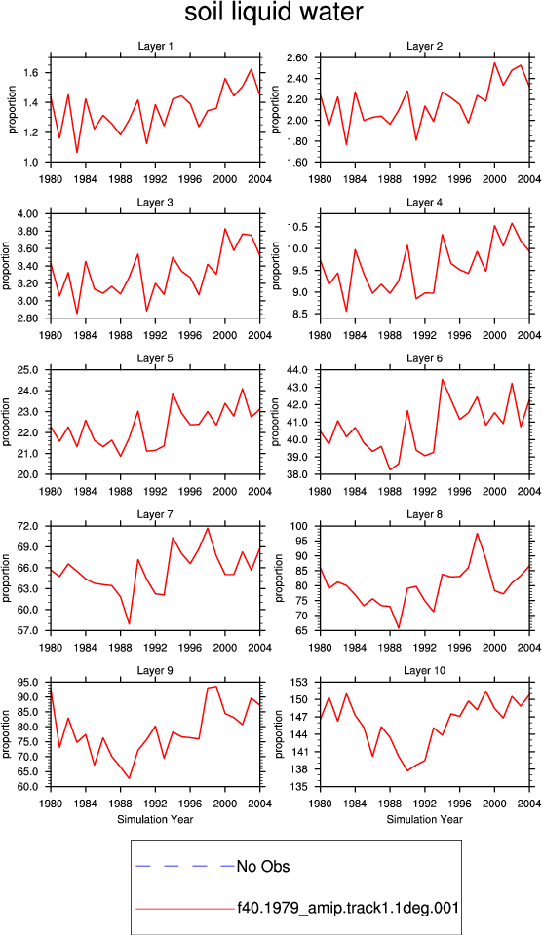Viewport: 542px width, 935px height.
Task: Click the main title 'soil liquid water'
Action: click(273, 13)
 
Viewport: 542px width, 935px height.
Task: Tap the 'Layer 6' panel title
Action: click(425, 358)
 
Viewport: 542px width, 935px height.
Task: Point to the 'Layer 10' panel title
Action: click(425, 671)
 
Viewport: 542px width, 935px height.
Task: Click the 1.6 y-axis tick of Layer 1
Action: click(31, 73)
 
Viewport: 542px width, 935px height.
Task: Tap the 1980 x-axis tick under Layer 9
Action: click(51, 799)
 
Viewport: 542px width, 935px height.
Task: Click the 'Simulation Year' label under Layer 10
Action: click(424, 819)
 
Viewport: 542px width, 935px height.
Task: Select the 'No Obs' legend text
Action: click(263, 866)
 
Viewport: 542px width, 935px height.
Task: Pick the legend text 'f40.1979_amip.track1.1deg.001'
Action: click(347, 908)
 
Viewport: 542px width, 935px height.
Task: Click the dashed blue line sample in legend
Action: click(185, 865)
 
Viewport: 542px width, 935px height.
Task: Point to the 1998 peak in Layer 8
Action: click(477, 533)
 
